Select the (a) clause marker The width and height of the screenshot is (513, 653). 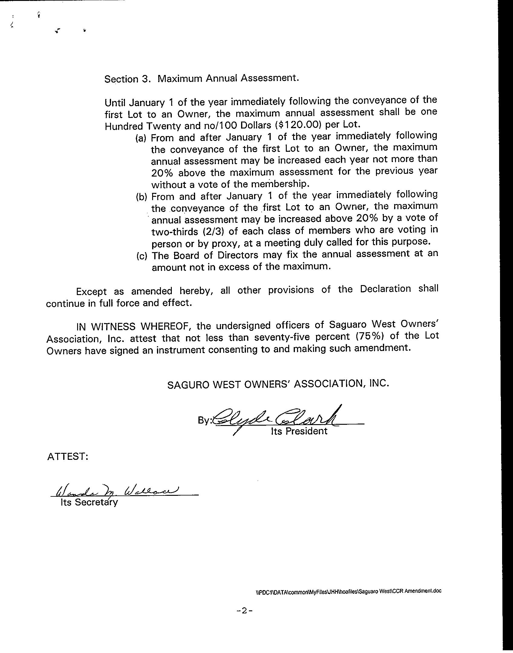tap(141, 138)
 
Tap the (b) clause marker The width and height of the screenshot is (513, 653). tap(141, 197)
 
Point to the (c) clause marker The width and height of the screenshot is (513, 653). tap(142, 256)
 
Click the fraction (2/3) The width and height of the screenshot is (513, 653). tap(211, 232)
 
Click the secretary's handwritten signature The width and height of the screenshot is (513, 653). tap(118, 491)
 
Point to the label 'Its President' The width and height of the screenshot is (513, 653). tap(299, 431)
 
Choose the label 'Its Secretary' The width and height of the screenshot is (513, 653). tap(89, 502)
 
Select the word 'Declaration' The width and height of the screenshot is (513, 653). tap(385, 289)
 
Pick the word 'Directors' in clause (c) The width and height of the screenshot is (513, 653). tap(238, 255)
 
